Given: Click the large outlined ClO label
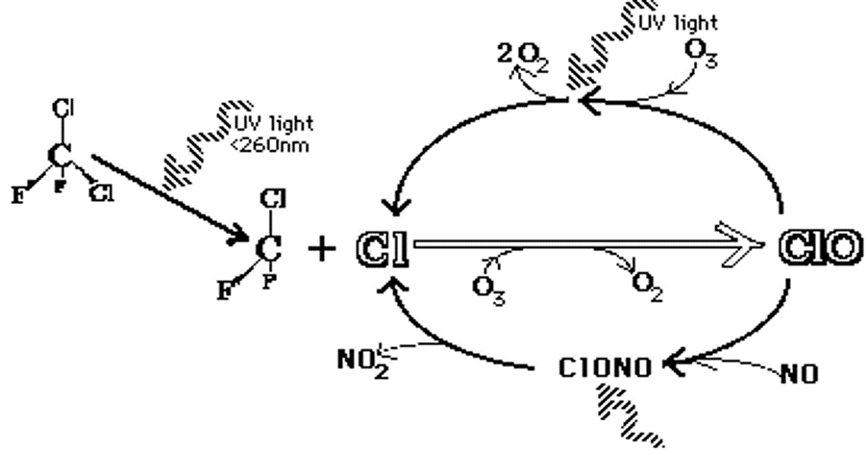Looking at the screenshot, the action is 821,247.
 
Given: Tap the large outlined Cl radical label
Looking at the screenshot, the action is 383,249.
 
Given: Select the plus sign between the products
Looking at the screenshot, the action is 322,249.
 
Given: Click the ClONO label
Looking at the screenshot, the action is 605,368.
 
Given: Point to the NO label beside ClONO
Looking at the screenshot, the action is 800,375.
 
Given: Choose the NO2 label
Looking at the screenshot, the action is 363,363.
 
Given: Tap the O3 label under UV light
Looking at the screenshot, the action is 702,53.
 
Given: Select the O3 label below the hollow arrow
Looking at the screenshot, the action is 489,289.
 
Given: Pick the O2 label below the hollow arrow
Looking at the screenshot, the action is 647,287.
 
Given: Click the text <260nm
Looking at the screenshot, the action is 269,145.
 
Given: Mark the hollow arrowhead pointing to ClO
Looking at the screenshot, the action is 743,244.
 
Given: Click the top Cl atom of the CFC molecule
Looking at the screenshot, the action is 64,108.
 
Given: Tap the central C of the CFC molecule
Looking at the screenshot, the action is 60,156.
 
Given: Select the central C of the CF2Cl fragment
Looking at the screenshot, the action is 268,247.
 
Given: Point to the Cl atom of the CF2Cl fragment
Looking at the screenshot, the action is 273,200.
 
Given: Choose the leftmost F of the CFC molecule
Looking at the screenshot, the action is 18,194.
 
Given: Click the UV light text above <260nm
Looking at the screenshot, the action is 273,123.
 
